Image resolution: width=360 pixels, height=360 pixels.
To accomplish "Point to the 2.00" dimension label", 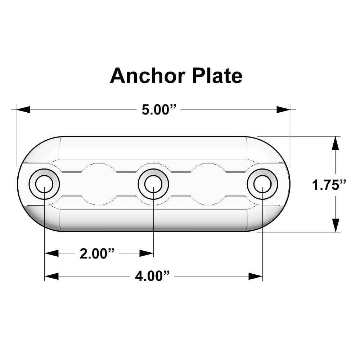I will [97, 254].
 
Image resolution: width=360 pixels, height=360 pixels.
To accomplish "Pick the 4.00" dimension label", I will [153, 276].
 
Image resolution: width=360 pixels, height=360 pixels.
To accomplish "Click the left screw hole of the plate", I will [44, 184].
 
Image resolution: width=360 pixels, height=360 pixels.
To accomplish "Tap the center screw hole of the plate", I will [153, 184].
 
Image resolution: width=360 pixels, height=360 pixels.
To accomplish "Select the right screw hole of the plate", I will [262, 184].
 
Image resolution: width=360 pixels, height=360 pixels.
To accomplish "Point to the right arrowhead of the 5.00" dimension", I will [283, 109].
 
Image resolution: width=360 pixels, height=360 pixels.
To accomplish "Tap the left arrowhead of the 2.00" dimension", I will [51, 253].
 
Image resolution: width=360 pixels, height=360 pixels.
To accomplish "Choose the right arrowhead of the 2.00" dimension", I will [147, 253].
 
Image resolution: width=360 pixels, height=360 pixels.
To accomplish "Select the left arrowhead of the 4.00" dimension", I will [51, 276].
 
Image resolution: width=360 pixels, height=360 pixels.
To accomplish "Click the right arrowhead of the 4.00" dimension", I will [256, 276].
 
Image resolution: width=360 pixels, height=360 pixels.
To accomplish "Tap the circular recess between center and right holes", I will [208, 184].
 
